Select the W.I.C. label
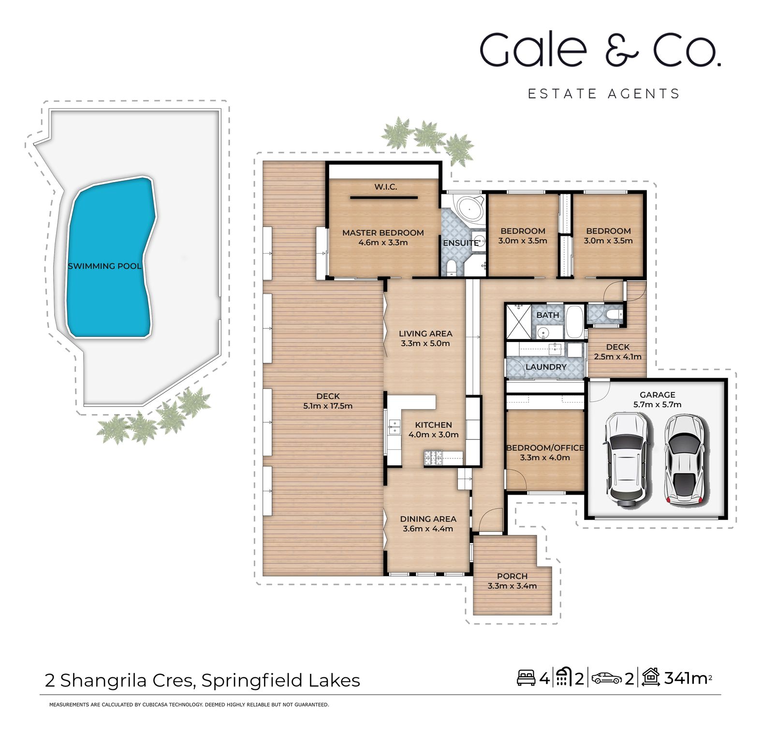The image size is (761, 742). pos(385,187)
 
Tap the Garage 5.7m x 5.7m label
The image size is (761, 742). pos(657,400)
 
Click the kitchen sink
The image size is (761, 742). pos(394,427)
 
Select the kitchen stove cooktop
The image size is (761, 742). pos(433,457)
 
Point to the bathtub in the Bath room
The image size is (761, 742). pos(575,322)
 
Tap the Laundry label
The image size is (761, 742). pos(546,367)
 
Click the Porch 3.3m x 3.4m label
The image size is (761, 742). pos(512,581)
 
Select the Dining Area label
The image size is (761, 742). pos(428,524)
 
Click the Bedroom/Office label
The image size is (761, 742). pos(545,453)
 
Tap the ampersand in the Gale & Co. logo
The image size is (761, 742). pos(621,50)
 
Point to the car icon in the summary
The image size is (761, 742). pos(607,678)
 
